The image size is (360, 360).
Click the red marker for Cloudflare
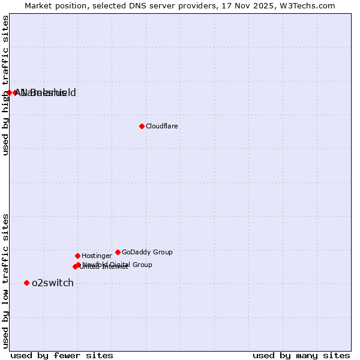[x=142, y=126]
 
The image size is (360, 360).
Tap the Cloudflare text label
[x=161, y=127]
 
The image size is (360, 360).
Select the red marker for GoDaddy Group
[x=118, y=252]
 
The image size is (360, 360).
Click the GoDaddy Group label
[x=147, y=253]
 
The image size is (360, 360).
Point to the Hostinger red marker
[x=77, y=256]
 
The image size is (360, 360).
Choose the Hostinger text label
[x=97, y=256]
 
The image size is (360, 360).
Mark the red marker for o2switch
[x=26, y=283]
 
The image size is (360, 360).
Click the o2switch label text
[x=53, y=283]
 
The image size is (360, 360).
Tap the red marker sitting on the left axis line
[x=10, y=92]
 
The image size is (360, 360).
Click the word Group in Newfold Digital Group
[x=142, y=265]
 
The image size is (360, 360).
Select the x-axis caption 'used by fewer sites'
[x=62, y=356]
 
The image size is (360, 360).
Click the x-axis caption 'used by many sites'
[x=301, y=356]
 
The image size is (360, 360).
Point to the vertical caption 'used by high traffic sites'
[x=5, y=85]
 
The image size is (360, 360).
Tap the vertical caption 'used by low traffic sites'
[x=5, y=280]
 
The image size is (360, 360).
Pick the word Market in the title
[x=39, y=5]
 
